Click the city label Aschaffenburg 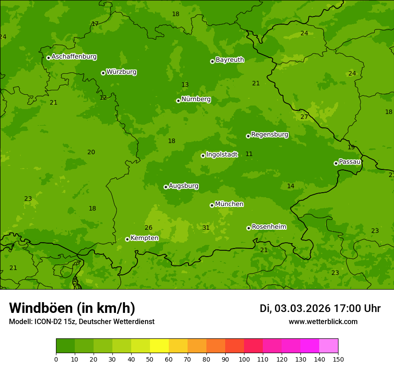(x=74, y=57)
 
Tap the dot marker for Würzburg (x=103, y=73)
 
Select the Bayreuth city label (x=230, y=59)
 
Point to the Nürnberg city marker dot (x=178, y=101)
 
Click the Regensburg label (x=270, y=134)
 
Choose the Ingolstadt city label (x=222, y=154)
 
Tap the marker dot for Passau (x=336, y=163)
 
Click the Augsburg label (x=184, y=185)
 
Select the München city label (x=229, y=204)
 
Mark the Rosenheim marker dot (x=248, y=228)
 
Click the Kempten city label (x=144, y=238)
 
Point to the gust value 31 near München (x=206, y=228)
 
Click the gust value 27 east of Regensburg (x=304, y=117)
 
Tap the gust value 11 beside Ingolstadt (x=249, y=154)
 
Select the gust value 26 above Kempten (x=149, y=228)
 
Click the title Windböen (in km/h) (x=72, y=308)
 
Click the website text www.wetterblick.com (x=323, y=321)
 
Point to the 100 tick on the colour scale (x=244, y=359)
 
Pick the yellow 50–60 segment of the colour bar (x=159, y=346)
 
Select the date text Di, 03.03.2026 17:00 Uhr (x=320, y=308)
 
